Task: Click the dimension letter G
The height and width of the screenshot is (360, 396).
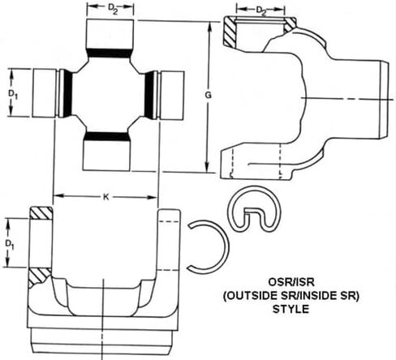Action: (x=208, y=95)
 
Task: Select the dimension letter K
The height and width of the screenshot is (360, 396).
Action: (x=106, y=197)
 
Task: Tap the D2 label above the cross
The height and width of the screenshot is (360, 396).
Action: (x=113, y=9)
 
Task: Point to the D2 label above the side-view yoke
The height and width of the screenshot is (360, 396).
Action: (x=261, y=11)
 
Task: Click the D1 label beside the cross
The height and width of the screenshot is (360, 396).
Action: (x=13, y=94)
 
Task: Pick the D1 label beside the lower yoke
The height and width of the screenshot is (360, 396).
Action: (x=10, y=245)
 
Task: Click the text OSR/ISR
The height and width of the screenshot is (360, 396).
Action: (x=291, y=282)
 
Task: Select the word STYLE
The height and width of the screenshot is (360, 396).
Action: (x=291, y=309)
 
